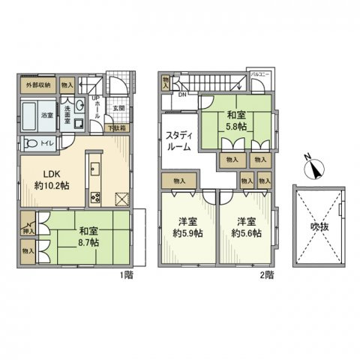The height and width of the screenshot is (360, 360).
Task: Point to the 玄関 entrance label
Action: click(118, 110)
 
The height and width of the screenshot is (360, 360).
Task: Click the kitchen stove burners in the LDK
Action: click(95, 197)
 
